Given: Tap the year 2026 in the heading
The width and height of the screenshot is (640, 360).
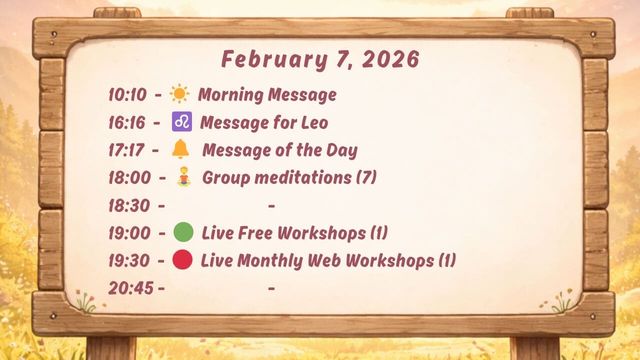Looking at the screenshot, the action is point(390,59).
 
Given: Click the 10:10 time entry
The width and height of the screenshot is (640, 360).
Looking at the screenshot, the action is point(127,94).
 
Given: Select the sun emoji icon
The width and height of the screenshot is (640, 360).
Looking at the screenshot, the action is point(179,93).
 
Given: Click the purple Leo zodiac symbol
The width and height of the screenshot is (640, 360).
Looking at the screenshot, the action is point(182,121).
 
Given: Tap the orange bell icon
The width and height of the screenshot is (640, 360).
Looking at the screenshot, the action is point(180,149).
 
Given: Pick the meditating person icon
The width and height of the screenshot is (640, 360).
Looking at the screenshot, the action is point(183,176).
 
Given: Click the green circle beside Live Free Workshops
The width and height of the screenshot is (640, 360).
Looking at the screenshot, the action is point(183,232).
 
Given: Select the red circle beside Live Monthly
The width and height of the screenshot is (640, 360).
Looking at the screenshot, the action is point(182,259).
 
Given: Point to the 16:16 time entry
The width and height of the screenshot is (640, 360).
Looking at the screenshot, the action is point(127,122).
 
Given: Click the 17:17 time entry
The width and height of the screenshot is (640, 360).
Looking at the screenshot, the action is point(126,150).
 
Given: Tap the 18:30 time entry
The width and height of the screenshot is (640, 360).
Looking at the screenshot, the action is point(129,205).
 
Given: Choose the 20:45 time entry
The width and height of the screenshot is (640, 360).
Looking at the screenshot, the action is point(131,288).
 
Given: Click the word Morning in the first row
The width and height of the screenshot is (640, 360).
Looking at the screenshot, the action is point(230,95).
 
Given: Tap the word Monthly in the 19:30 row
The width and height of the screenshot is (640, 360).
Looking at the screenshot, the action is point(270,261).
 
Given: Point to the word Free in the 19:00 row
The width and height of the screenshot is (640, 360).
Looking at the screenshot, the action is point(255,232).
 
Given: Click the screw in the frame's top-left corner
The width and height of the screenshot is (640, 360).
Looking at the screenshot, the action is point(53,34).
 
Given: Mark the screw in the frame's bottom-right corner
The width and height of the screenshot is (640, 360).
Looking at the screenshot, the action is point(593,316).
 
